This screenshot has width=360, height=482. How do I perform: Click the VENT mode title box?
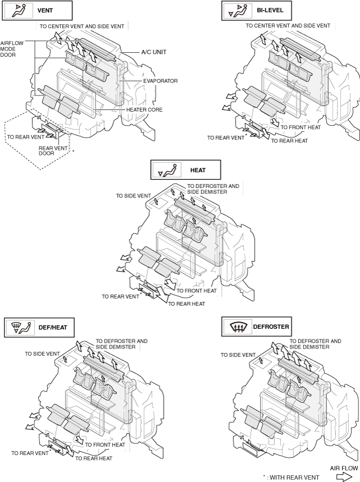click(38, 10)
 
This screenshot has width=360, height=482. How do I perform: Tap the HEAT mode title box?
click(186, 169)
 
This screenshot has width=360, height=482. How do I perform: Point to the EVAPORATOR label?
click(160, 81)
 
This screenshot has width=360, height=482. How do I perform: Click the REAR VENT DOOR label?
click(53, 151)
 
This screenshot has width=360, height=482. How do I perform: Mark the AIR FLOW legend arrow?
click(344, 476)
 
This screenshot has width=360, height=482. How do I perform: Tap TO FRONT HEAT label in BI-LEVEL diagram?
click(301, 127)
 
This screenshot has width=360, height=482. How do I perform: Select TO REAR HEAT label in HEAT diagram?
click(186, 304)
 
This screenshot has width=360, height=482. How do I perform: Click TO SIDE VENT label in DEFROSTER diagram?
click(238, 355)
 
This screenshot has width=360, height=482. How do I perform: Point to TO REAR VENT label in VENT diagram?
click(25, 136)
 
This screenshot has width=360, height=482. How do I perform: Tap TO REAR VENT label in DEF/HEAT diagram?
click(29, 453)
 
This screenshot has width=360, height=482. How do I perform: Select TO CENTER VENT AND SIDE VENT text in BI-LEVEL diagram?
click(288, 26)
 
